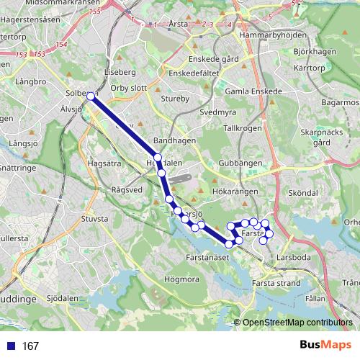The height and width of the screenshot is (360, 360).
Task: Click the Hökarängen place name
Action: click(238, 192)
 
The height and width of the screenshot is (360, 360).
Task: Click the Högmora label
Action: click(182, 279)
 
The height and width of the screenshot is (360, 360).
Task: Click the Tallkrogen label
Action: click(242, 127)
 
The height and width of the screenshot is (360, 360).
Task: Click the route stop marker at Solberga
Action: click(91, 95)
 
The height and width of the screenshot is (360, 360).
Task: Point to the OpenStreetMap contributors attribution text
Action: click(297, 323)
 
